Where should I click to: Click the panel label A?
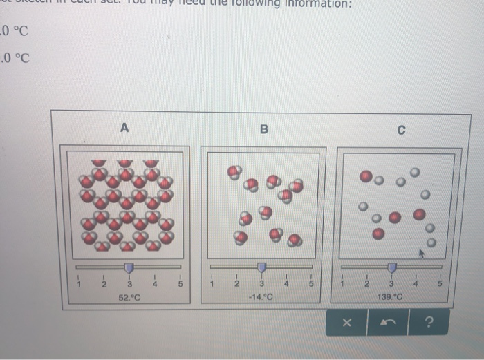[x=124, y=127]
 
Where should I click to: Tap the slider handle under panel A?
[x=129, y=267]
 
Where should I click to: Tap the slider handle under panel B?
[x=261, y=267]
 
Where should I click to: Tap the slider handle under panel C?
[x=392, y=267]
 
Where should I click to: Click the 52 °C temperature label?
[x=129, y=296]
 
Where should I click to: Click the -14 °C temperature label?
[x=261, y=296]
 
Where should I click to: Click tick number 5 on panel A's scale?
[x=180, y=284]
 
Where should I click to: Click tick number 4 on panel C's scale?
[x=416, y=284]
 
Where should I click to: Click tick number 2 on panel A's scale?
[x=103, y=284]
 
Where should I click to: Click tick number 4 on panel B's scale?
[x=286, y=284]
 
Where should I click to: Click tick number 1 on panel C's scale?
[x=342, y=284]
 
